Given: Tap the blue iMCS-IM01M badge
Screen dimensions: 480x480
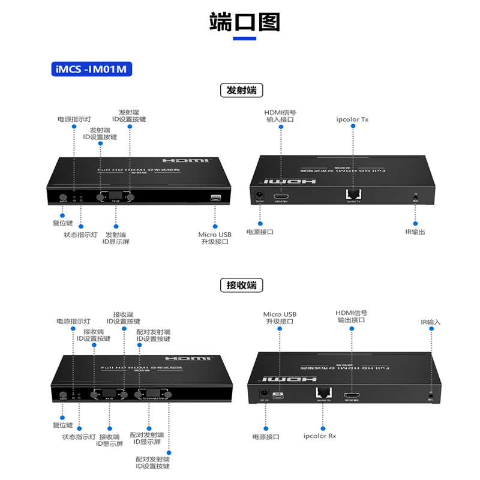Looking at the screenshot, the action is [91, 69].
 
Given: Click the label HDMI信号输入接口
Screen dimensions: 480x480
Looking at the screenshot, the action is [280, 116].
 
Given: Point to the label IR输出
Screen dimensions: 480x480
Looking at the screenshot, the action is [415, 232].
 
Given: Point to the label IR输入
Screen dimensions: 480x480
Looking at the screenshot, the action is [430, 322].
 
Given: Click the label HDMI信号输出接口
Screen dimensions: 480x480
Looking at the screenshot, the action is [351, 316].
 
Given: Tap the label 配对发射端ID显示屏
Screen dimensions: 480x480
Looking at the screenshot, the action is [146, 438].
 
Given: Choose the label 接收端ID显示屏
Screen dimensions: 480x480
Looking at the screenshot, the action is [110, 440].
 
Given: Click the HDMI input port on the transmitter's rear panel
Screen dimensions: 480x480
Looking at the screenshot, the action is [281, 196].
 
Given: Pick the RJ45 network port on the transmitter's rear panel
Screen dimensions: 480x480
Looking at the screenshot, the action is [353, 194].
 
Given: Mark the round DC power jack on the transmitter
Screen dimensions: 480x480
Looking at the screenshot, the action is [260, 194].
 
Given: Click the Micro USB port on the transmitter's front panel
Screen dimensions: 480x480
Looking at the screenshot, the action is [215, 197].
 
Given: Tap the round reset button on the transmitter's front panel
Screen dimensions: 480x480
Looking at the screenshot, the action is [62, 197].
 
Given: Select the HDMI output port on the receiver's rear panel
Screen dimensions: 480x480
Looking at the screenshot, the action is [352, 395].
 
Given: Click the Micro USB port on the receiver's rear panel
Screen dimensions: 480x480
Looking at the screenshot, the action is [278, 395].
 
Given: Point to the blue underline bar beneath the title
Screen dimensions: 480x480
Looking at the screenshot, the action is [244, 39].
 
